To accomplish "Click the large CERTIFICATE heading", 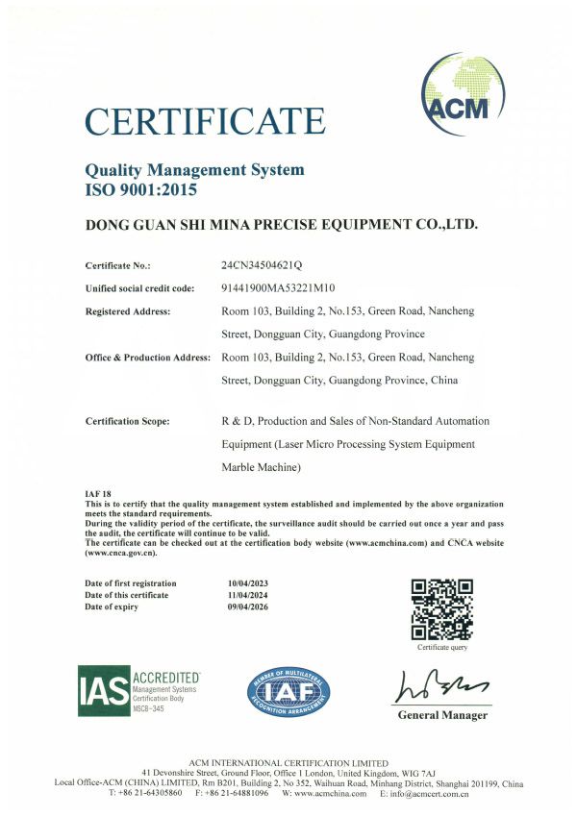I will pyautogui.click(x=205, y=122).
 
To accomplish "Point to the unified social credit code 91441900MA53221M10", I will pyautogui.click(x=278, y=288).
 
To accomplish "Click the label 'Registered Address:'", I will pyautogui.click(x=128, y=311).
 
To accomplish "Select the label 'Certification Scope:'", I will pyautogui.click(x=128, y=421).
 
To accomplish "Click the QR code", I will pyautogui.click(x=441, y=609).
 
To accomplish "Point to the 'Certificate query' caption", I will pyautogui.click(x=442, y=648).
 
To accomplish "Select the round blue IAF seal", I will pyautogui.click(x=288, y=692).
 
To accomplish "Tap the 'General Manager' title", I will pyautogui.click(x=442, y=715).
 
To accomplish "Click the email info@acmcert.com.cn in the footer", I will pyautogui.click(x=424, y=794).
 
